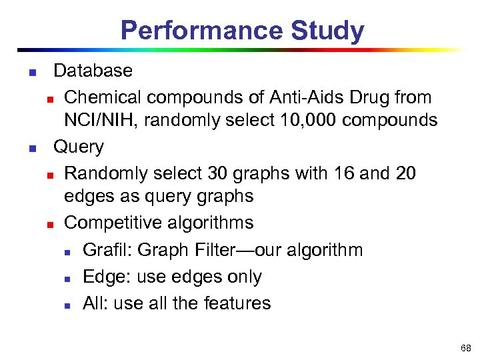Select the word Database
93,71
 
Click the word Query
79,147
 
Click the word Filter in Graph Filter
222,250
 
